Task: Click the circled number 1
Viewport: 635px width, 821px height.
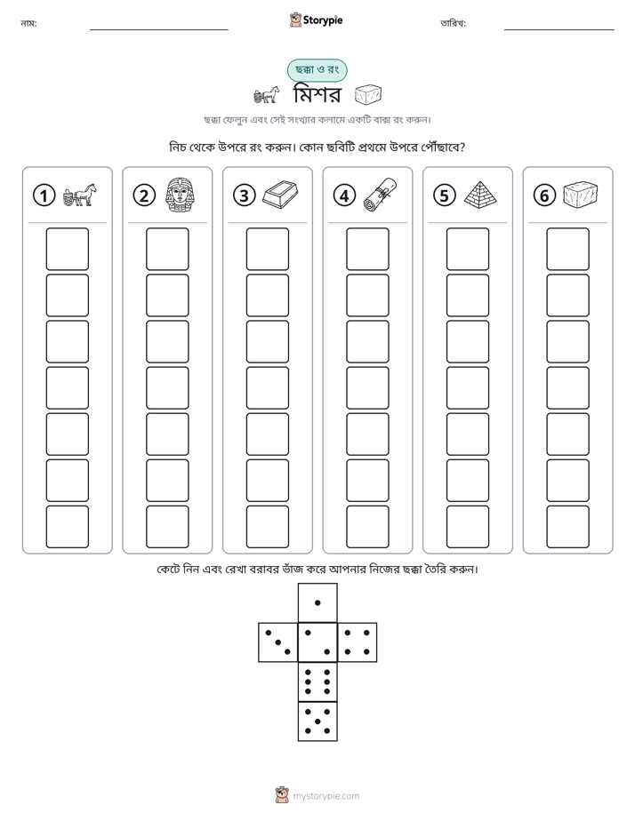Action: tap(44, 195)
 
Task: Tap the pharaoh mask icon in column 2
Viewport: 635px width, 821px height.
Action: tap(180, 195)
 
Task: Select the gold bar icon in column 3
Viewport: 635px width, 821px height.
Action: tap(280, 195)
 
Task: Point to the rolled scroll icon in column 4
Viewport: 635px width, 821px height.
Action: tap(381, 195)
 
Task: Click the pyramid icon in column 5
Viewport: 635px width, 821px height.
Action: tap(480, 193)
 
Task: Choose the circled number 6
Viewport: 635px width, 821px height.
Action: tap(544, 195)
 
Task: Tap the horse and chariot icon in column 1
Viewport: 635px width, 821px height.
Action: tap(80, 195)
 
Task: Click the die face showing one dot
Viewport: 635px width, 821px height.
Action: tap(317, 602)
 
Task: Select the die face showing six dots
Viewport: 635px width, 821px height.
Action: tap(317, 682)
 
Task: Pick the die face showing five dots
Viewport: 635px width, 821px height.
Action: tap(317, 721)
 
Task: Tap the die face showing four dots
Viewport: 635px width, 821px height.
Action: tap(358, 642)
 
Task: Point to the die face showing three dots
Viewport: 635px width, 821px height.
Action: tap(278, 642)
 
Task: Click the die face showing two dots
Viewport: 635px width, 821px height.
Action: tap(317, 642)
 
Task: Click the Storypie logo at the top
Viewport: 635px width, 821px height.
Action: tap(316, 20)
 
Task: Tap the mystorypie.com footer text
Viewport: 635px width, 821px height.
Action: tap(326, 796)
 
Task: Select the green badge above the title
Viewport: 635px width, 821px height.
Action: tap(317, 70)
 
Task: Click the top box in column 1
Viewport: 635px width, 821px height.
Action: tap(67, 249)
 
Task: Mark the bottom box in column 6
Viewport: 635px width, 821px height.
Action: tap(568, 526)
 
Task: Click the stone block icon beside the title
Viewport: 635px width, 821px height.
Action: tap(368, 95)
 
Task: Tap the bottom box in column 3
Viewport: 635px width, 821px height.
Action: tap(267, 526)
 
